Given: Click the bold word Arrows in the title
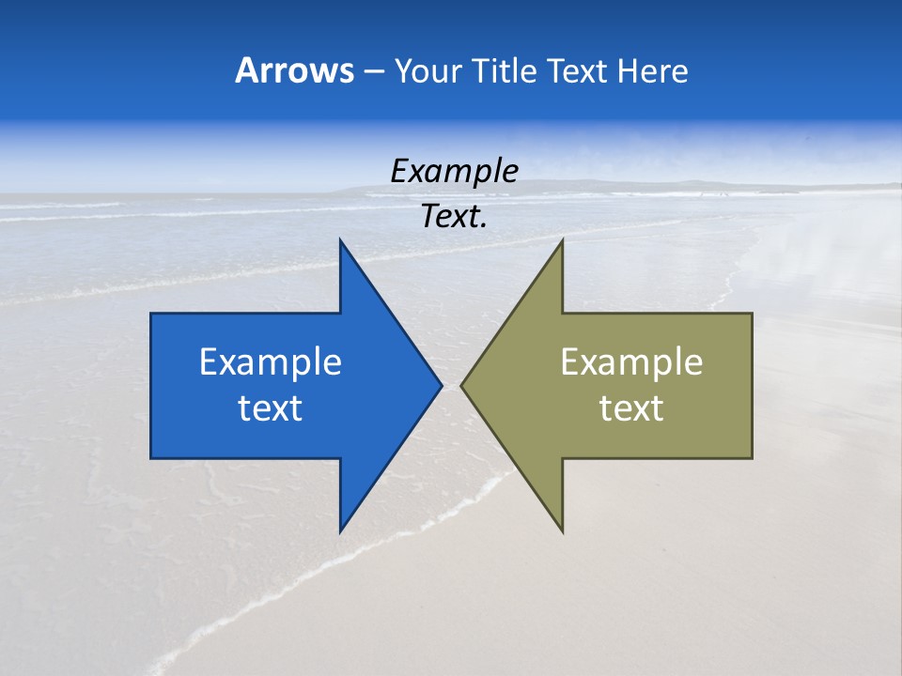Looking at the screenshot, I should click(294, 70).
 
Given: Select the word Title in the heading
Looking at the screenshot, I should click(505, 70).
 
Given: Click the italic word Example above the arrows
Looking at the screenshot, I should click(454, 171).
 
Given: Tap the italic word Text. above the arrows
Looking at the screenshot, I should click(454, 217).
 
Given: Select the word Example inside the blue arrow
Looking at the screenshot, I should click(271, 361).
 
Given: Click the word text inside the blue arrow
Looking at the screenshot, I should click(271, 407).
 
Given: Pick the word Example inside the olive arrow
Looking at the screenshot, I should click(631, 361).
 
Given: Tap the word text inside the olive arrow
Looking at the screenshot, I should click(631, 407).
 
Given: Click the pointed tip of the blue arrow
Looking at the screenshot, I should click(441, 385).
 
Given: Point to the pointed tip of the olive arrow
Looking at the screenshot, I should click(461, 385).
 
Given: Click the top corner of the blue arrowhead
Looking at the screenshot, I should click(340, 240).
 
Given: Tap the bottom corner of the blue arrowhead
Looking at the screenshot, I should click(340, 531).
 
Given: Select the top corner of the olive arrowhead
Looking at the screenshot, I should click(562, 240).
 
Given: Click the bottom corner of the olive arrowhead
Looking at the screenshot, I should click(562, 531).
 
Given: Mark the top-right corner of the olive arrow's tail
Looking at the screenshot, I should click(752, 314).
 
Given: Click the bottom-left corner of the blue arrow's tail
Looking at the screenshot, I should click(151, 458).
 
